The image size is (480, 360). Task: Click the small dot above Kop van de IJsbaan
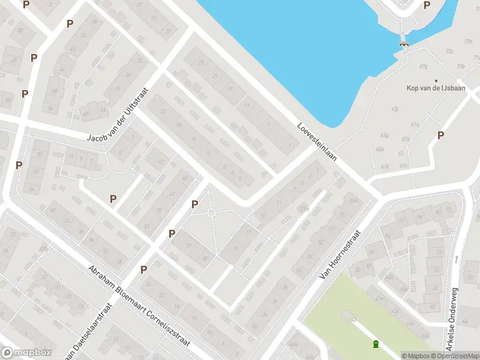(436, 80)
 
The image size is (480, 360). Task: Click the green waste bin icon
(376, 344)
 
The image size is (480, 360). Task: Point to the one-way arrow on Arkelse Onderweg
(456, 259)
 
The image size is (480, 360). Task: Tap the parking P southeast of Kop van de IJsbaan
(441, 136)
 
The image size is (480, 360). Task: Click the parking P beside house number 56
(70, 24)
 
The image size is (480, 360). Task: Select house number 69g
(424, 67)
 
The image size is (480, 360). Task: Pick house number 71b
(469, 41)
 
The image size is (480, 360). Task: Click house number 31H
(304, 209)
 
